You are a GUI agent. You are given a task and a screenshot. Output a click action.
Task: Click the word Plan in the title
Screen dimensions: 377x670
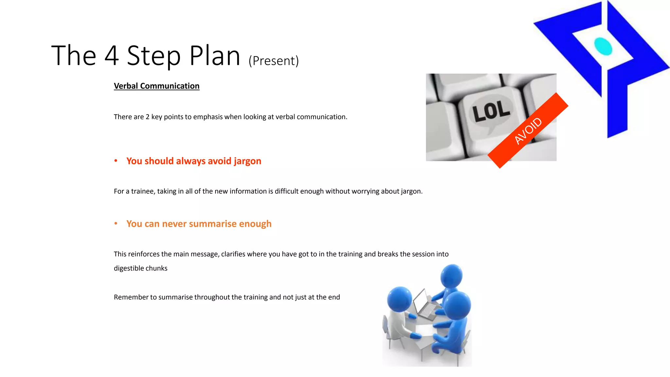(x=215, y=56)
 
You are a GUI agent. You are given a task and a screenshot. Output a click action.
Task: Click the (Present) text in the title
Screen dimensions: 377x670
(x=273, y=61)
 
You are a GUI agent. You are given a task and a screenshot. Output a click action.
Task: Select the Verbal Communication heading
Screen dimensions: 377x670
(x=156, y=86)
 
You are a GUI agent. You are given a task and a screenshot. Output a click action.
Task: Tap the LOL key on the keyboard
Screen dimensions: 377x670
(x=491, y=111)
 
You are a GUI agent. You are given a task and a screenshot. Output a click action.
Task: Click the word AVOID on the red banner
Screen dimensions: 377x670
(x=528, y=131)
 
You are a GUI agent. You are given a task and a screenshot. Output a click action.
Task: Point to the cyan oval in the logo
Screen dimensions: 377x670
(x=603, y=46)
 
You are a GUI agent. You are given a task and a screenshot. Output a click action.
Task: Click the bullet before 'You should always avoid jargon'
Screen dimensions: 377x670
(x=116, y=161)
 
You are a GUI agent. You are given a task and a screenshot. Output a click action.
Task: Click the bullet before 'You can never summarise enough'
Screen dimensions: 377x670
(x=116, y=224)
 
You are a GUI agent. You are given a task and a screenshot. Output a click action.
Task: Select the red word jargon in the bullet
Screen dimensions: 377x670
(x=247, y=161)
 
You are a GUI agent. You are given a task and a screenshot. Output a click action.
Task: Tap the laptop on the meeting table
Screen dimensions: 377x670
(x=424, y=304)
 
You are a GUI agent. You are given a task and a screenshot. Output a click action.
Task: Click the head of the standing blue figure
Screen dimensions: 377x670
(x=451, y=276)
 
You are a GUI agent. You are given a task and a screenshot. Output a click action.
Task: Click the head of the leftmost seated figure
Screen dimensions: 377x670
(x=399, y=299)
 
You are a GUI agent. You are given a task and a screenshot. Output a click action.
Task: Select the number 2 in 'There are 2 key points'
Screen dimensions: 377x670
(x=148, y=117)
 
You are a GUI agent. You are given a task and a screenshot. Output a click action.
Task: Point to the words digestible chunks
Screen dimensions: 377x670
(x=140, y=268)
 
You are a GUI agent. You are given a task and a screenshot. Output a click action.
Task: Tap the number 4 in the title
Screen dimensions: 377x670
(x=112, y=56)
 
